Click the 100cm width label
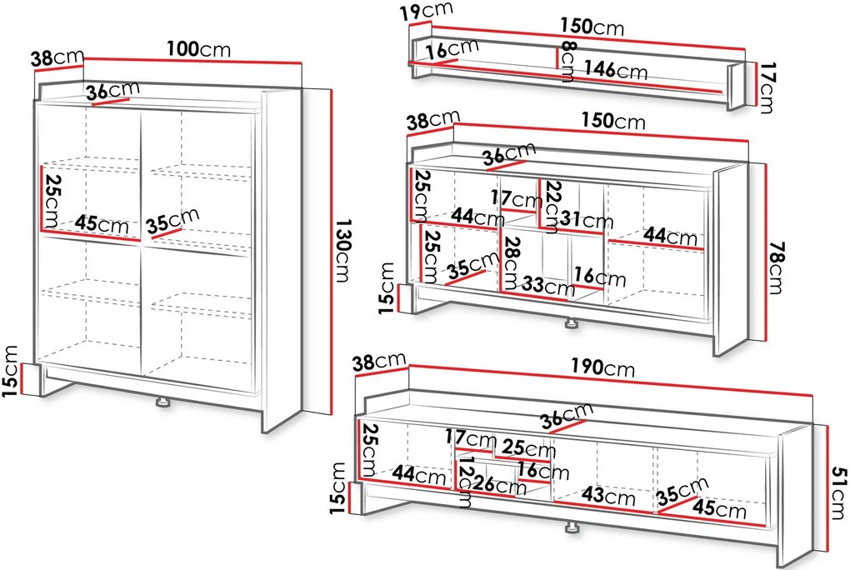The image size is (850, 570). click(198, 49)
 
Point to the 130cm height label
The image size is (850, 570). click(342, 251)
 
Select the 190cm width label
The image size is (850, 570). click(602, 367)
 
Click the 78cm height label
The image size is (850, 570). click(777, 267)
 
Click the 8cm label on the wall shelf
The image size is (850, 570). click(567, 61)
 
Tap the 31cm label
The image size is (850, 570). click(587, 219)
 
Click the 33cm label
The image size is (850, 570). click(548, 285)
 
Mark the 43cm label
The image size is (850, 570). click(608, 495)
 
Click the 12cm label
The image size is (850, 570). click(465, 485)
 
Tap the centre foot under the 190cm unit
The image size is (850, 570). click(571, 527)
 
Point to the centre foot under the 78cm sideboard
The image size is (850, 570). click(571, 324)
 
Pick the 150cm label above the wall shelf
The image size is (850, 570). click(592, 26)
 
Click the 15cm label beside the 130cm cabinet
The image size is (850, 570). click(10, 371)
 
